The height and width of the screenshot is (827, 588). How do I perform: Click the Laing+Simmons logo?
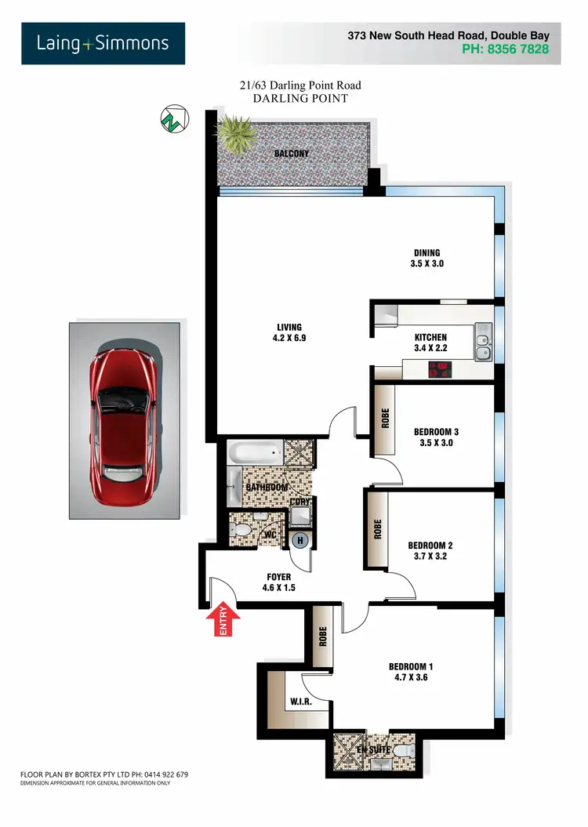pyautogui.click(x=103, y=43)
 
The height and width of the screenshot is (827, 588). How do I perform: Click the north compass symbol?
pyautogui.click(x=172, y=119)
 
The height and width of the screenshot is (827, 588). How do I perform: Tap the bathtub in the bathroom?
pyautogui.click(x=255, y=452)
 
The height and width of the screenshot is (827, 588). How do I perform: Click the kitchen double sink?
pyautogui.click(x=483, y=346)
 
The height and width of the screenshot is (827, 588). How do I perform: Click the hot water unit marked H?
pyautogui.click(x=300, y=539)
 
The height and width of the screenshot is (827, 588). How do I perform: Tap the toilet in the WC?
pyautogui.click(x=242, y=531)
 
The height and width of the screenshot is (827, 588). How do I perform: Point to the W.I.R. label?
pyautogui.click(x=301, y=702)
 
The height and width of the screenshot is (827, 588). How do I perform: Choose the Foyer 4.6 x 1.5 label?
pyautogui.click(x=279, y=582)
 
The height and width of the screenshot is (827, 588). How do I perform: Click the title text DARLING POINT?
pyautogui.click(x=300, y=99)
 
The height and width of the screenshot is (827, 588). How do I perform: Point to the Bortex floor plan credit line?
pyautogui.click(x=104, y=774)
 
